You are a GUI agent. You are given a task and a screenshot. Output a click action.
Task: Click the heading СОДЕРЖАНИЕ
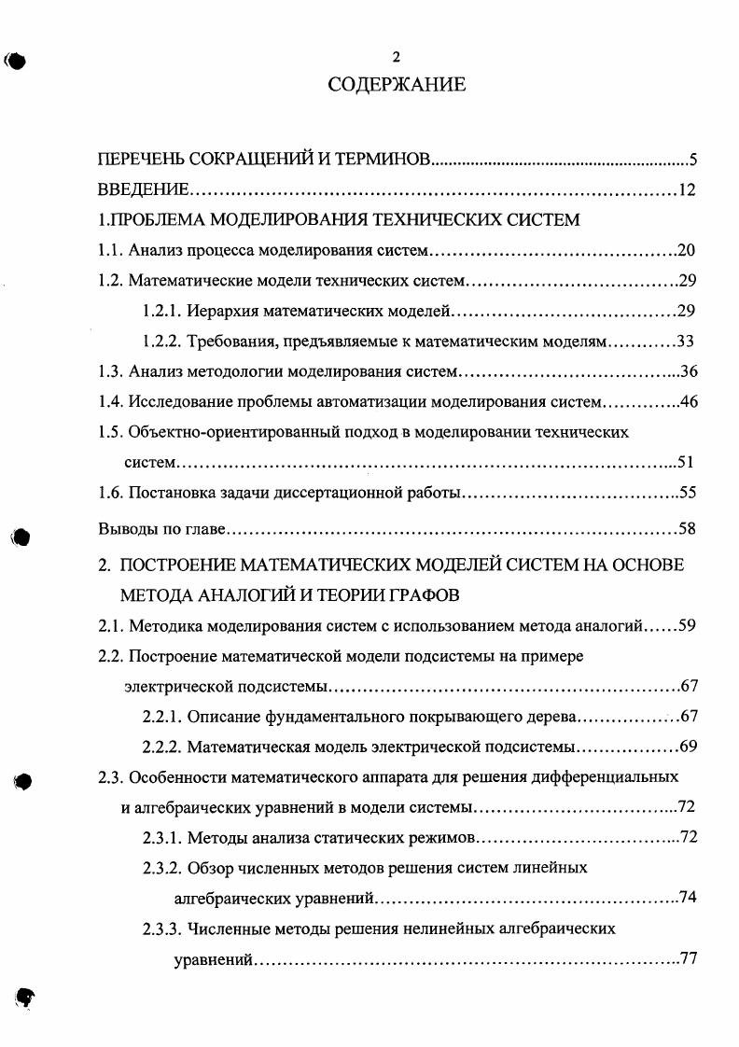397,85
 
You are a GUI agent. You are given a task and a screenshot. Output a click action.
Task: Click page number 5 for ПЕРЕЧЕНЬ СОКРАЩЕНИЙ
693,160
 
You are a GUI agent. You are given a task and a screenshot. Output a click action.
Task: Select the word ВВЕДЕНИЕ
145,190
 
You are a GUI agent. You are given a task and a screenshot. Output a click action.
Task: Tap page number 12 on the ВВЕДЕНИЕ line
688,190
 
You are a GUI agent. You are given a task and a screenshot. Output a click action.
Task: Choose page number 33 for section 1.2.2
686,341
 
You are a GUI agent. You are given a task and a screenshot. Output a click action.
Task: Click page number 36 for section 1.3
689,371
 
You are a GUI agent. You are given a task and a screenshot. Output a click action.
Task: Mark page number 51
689,461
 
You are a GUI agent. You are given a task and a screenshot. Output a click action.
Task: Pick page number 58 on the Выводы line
688,529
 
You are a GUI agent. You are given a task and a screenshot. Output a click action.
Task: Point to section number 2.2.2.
161,747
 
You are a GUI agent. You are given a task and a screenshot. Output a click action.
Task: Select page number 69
689,747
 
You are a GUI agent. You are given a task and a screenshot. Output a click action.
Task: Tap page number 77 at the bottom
690,959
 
